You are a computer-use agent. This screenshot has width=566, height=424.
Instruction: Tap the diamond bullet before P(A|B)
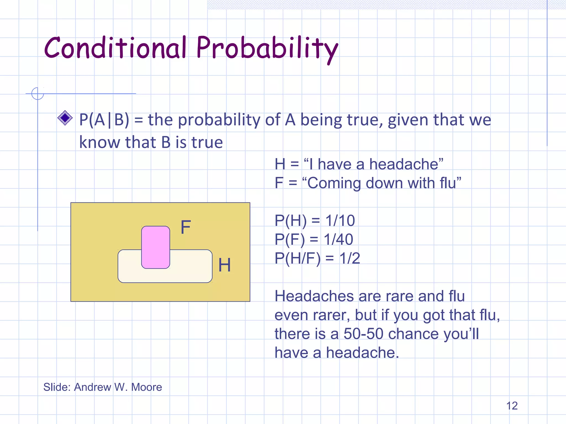click(65, 118)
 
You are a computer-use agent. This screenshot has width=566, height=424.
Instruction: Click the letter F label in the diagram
click(186, 227)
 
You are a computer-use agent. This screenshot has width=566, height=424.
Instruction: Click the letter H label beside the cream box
click(224, 265)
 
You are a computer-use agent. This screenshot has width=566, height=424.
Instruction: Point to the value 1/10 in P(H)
click(340, 221)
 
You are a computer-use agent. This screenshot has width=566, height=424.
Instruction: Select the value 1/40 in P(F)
click(338, 239)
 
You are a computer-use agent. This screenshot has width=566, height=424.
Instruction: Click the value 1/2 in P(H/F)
click(350, 258)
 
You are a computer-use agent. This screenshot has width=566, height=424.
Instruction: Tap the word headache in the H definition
click(404, 164)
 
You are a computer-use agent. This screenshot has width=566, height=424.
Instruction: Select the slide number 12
click(512, 406)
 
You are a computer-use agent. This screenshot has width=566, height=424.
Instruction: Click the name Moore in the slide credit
click(146, 387)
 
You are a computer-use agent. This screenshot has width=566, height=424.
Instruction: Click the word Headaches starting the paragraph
click(314, 296)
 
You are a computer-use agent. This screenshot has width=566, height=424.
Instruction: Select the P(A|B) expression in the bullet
click(104, 120)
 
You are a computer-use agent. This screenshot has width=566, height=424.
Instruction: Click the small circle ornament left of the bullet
click(38, 94)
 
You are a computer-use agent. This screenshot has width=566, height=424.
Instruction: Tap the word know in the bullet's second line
click(100, 142)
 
